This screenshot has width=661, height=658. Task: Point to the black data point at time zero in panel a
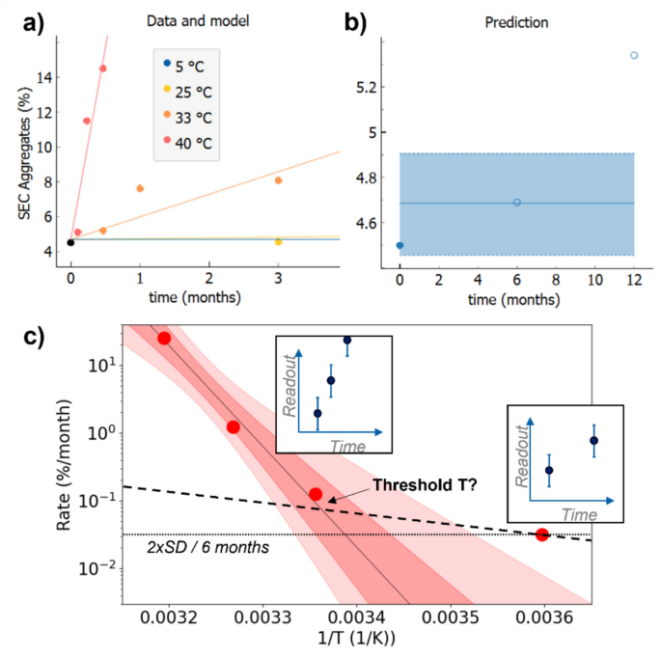pos(70,243)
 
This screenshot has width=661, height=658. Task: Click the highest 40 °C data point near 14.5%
pos(102,69)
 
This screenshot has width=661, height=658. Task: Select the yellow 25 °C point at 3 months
pos(278,242)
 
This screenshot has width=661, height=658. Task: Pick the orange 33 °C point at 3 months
pos(278,180)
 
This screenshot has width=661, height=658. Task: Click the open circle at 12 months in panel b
pos(634,55)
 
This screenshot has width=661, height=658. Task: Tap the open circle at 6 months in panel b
pos(517,203)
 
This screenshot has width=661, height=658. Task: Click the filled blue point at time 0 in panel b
pos(399,245)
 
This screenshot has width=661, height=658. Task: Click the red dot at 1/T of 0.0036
pos(542,535)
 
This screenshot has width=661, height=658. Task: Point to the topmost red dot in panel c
pos(164,338)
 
